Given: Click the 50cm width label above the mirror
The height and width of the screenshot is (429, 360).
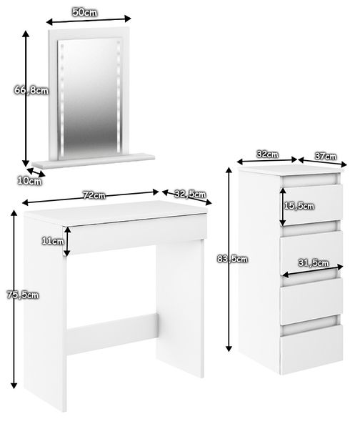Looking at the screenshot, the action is [x=84, y=12].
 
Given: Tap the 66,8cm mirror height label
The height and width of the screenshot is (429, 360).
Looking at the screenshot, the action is [x=31, y=90].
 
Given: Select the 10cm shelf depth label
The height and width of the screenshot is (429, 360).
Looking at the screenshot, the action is [x=29, y=181].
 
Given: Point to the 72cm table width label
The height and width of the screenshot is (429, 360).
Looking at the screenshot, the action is [x=94, y=195].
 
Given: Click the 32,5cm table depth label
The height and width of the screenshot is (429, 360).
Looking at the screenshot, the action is [x=190, y=194].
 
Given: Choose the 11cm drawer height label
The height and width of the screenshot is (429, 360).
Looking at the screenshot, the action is [x=53, y=241].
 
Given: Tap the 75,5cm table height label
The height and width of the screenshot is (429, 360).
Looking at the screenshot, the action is [x=23, y=295].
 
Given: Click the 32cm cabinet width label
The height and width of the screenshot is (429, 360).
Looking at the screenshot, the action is [x=267, y=154].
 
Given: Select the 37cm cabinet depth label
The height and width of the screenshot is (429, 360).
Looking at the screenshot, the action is [x=326, y=156].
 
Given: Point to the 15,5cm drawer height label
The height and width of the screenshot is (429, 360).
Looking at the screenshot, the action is [x=299, y=206].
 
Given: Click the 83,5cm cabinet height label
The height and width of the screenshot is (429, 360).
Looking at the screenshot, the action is [x=232, y=259].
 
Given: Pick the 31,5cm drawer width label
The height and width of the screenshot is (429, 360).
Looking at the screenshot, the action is [x=314, y=263].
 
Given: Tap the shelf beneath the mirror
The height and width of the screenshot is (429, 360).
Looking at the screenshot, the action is [x=93, y=161].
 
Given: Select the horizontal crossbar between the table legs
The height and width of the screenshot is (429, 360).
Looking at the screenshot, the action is [x=112, y=334].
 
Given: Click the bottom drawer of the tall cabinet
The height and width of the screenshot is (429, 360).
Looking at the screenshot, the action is [x=311, y=350].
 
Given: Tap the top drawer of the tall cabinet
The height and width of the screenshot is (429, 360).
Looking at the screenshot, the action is [x=311, y=204].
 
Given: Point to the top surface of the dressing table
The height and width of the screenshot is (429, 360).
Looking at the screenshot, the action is [x=115, y=213].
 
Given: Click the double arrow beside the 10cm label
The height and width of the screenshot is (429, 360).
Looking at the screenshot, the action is [x=36, y=172].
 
